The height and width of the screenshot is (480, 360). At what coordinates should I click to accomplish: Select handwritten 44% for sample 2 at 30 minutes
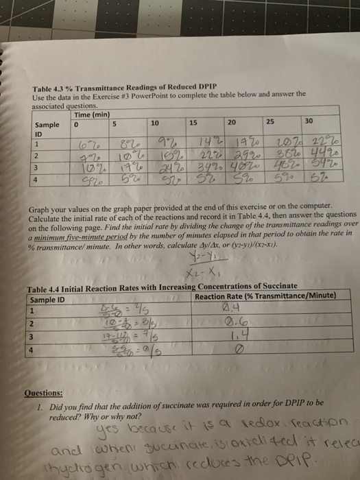[x=315, y=153]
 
